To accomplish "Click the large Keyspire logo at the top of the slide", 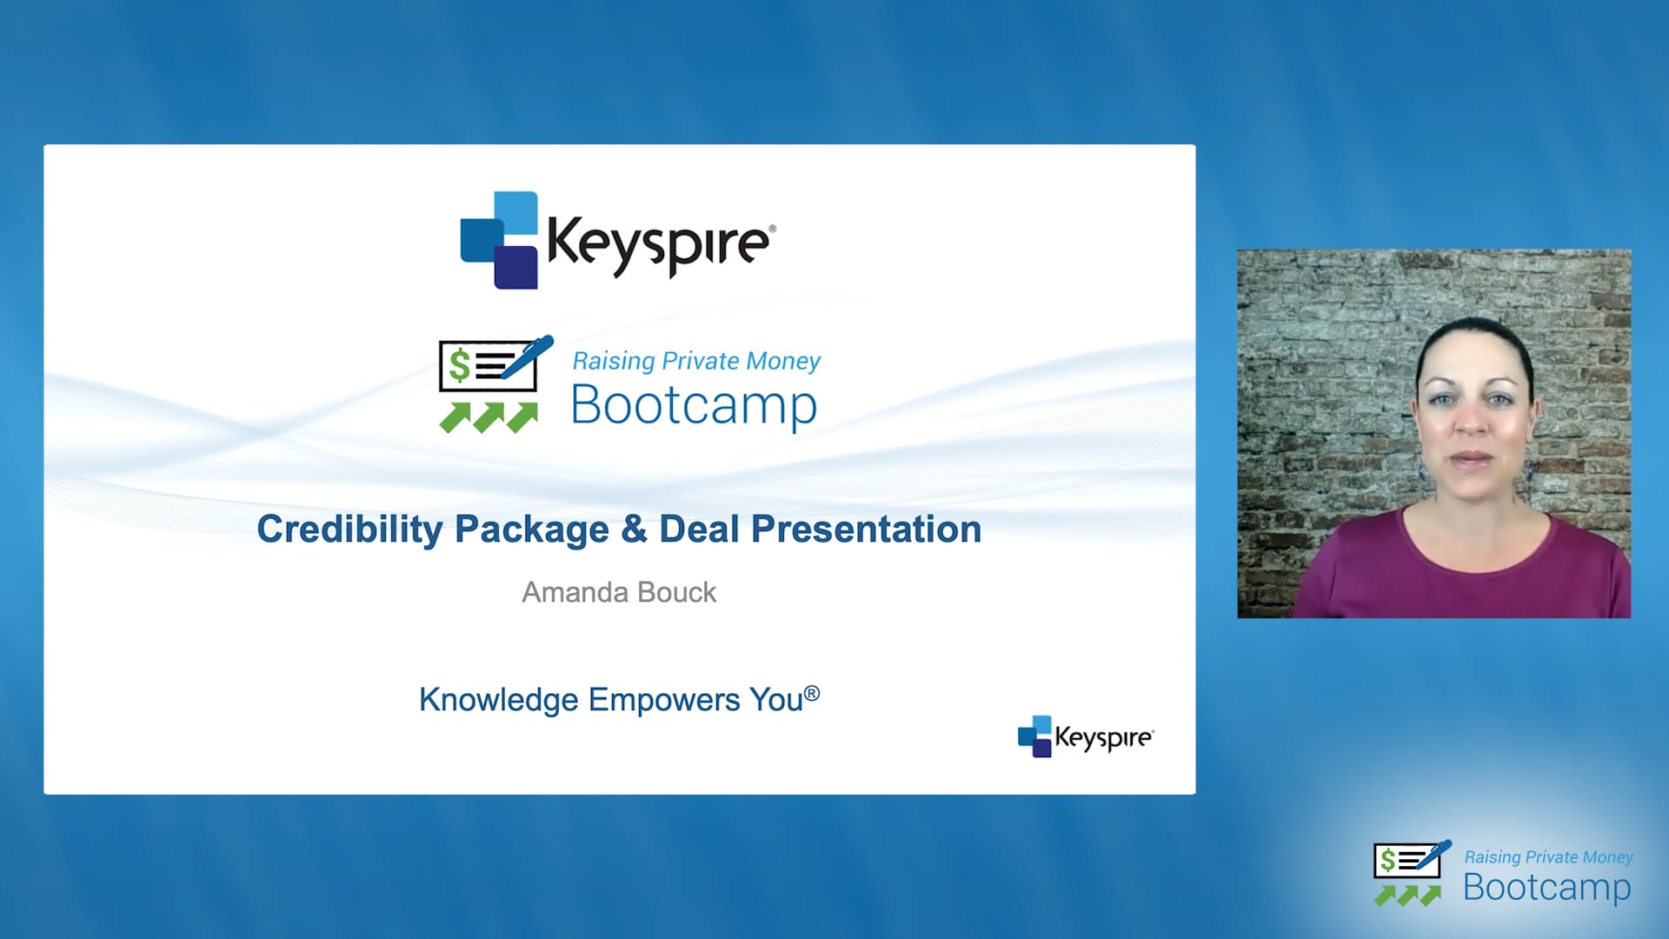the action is click(618, 240).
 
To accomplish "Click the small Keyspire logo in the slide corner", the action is click(1086, 736).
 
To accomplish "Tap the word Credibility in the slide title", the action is click(349, 530).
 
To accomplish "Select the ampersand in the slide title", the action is click(634, 529).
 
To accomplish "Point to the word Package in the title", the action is click(532, 530).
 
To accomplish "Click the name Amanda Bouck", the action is click(619, 592).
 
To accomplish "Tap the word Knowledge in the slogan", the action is click(498, 700).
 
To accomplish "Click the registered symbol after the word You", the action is click(812, 693).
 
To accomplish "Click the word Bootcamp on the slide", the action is click(694, 405).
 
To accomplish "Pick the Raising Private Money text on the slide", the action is click(696, 361).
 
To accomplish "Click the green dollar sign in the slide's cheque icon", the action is click(459, 365).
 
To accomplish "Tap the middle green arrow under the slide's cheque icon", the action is click(489, 417).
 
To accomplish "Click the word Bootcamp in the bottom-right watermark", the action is click(1546, 888).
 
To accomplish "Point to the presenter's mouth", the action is click(1471, 458).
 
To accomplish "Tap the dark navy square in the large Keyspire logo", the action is click(515, 267).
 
